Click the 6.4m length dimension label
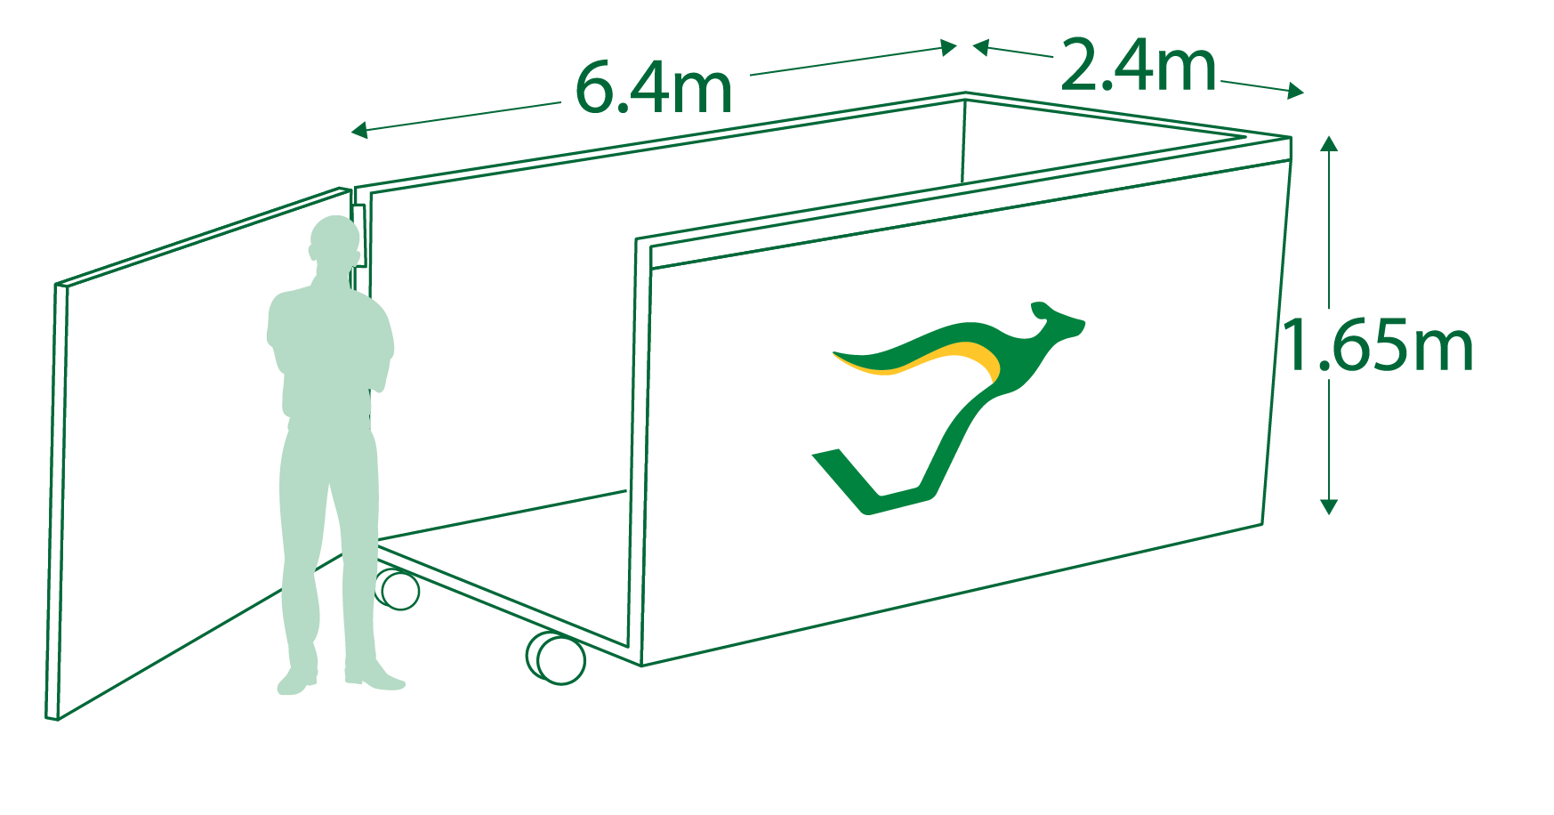pos(654,87)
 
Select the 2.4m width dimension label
pos(1138,65)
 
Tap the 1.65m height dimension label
pos(1377,345)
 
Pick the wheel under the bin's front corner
pos(557,658)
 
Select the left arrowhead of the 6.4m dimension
pos(359,131)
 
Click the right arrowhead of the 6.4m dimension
pos(949,47)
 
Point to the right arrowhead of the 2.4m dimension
pos(1296,90)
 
